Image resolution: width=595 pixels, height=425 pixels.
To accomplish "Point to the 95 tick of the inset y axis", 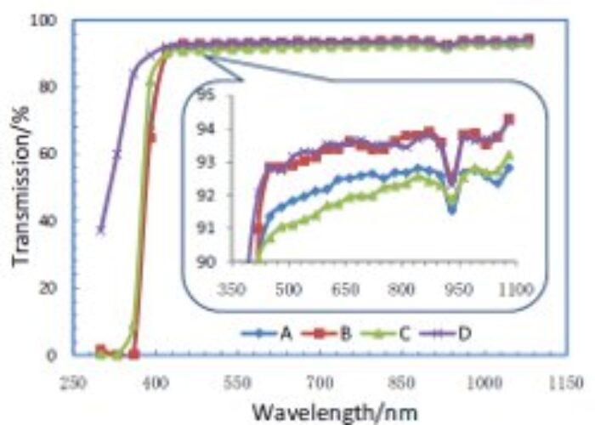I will (205, 95).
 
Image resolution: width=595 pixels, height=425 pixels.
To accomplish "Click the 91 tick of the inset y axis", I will (205, 228).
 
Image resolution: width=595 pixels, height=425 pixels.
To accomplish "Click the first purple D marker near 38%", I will (101, 229).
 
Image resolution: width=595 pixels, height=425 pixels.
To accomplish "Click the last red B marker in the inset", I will (509, 120).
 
